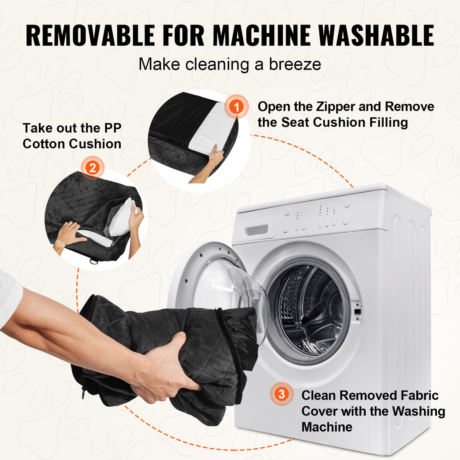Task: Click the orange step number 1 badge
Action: coord(237,107)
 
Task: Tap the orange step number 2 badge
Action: coord(93,168)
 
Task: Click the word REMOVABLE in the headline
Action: coord(90,36)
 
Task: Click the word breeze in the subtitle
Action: coord(295,64)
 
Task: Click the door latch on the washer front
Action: coord(357,312)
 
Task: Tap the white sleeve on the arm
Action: coord(10,298)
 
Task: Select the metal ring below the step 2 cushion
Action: coord(94,262)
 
